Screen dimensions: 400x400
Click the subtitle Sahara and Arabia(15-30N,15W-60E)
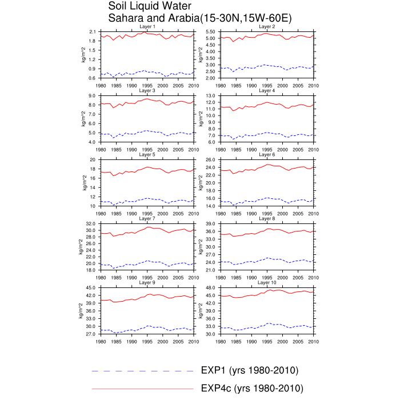click(x=200, y=18)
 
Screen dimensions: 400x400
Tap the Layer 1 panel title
click(x=147, y=26)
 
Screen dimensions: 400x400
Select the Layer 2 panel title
click(x=267, y=26)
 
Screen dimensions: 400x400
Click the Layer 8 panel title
click(x=267, y=218)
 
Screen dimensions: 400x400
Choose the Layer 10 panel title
click(x=267, y=282)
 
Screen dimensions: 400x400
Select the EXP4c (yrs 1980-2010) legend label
click(x=252, y=388)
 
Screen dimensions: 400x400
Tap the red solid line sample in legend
click(x=143, y=389)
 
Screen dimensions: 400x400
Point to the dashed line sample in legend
click(x=143, y=371)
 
